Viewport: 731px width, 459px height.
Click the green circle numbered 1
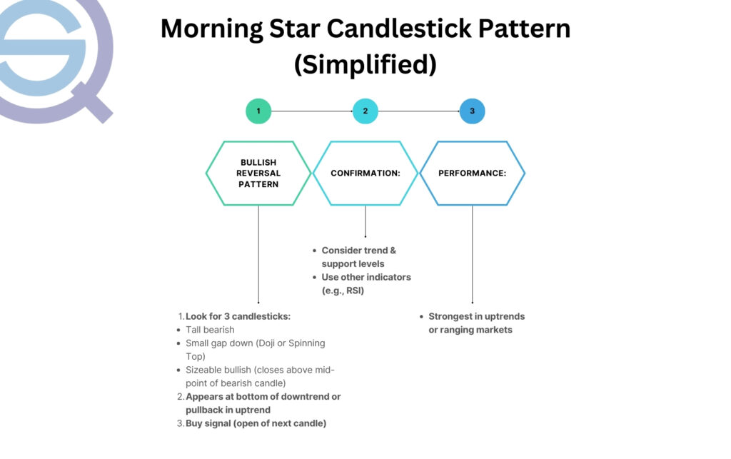[x=258, y=111]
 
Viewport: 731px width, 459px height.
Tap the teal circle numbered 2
[x=365, y=111]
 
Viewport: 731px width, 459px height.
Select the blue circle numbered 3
[x=472, y=111]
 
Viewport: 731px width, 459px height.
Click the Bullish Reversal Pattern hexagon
[x=258, y=173]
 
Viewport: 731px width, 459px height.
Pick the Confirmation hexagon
[x=365, y=173]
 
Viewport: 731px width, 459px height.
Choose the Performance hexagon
[x=472, y=173]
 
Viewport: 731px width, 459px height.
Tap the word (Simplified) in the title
[x=365, y=64]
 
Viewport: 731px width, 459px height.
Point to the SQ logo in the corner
[x=54, y=57]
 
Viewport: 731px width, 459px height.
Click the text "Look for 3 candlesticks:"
[x=238, y=316]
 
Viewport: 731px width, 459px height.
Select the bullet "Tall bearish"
[x=210, y=330]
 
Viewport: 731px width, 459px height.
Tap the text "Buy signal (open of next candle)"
[x=256, y=423]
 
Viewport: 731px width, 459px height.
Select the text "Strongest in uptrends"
[x=476, y=316]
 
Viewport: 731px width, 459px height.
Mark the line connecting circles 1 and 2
[x=312, y=111]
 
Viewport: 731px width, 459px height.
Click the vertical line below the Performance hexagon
[x=472, y=253]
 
